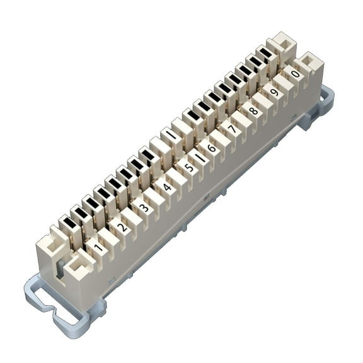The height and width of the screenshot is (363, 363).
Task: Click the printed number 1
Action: click(x=98, y=245)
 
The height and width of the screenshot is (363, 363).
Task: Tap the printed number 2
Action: click(x=122, y=226)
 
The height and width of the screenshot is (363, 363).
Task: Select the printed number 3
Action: click(x=144, y=207)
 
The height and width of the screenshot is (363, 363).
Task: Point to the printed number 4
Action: click(x=167, y=187)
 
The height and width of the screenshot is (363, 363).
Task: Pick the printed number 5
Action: click(x=189, y=168)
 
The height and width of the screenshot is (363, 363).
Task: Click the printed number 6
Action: click(x=211, y=148)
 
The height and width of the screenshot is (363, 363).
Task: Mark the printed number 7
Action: click(x=232, y=129)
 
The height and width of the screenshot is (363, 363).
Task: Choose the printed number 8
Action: click(x=253, y=111)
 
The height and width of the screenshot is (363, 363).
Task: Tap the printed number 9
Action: click(x=274, y=92)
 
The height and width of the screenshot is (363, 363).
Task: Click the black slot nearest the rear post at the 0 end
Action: click(x=266, y=53)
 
